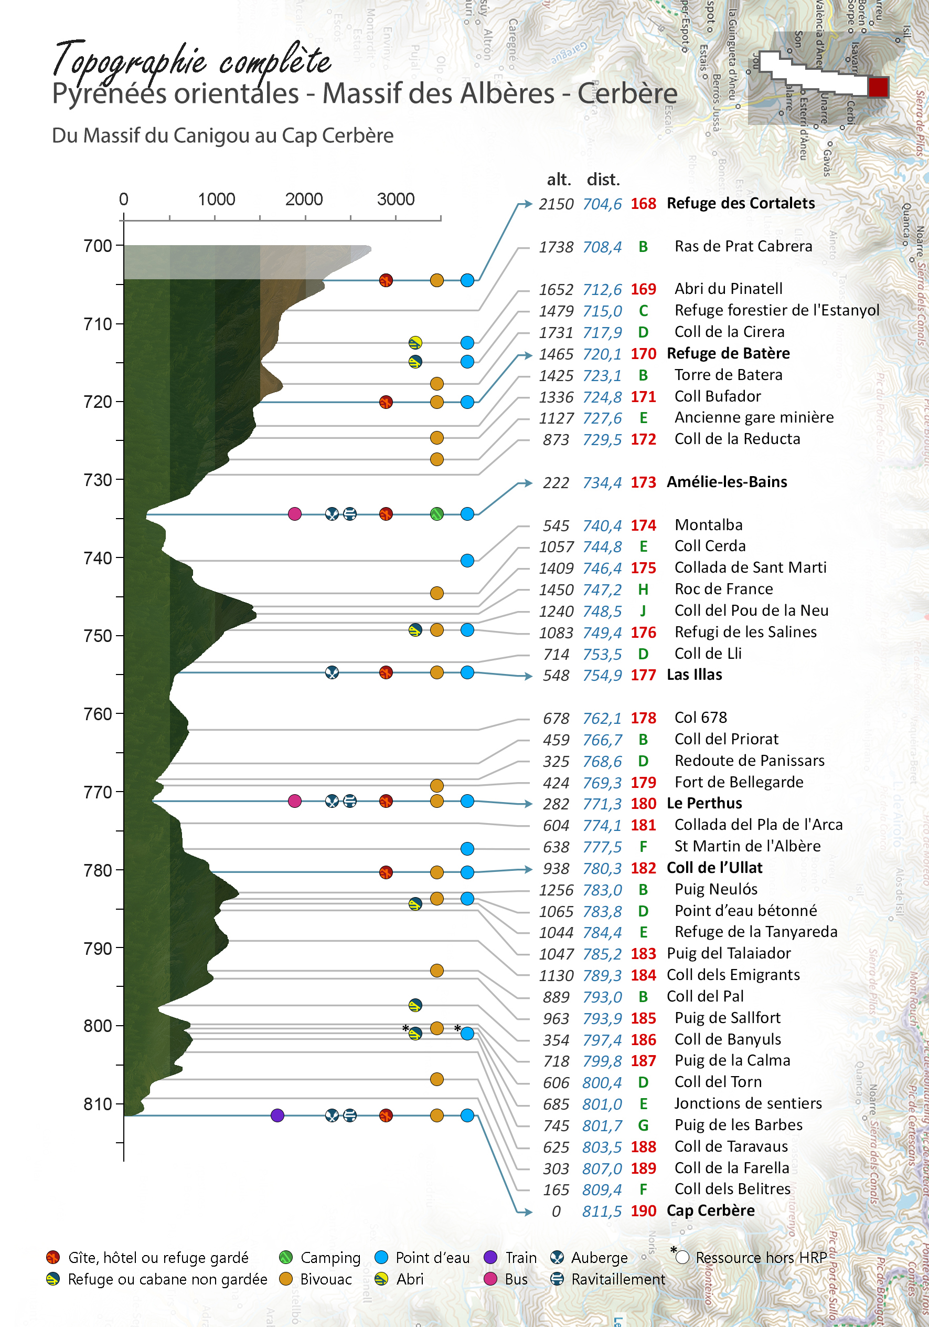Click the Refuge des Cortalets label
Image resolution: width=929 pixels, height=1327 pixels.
(x=741, y=204)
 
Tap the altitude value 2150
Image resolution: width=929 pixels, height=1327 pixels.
(x=556, y=205)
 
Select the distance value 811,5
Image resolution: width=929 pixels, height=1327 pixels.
(x=602, y=1212)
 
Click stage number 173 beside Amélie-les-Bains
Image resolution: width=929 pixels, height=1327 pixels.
(x=643, y=482)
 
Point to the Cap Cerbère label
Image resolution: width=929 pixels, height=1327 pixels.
(x=711, y=1211)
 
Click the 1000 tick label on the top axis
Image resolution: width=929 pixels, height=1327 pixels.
(x=216, y=199)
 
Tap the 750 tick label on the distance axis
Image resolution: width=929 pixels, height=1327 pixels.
(x=98, y=636)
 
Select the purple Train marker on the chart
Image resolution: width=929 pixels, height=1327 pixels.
(x=277, y=1115)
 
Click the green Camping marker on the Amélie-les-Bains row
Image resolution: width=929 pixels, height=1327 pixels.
(x=437, y=514)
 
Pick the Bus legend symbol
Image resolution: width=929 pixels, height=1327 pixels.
(x=490, y=1279)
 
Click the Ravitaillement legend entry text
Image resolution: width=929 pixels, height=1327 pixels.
(x=618, y=1280)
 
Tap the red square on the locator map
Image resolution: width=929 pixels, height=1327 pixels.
(x=878, y=87)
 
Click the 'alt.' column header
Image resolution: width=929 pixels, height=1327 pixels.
(x=559, y=180)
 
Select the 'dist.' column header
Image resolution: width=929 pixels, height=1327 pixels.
(x=603, y=180)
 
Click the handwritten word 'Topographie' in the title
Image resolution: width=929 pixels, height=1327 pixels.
(x=130, y=61)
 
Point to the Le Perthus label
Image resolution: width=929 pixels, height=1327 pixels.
(x=704, y=803)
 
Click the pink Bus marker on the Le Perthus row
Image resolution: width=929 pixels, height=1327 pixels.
(x=295, y=801)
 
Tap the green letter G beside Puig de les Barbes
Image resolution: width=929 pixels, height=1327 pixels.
(x=643, y=1125)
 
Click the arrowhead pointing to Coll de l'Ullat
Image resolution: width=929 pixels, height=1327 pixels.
(x=527, y=869)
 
